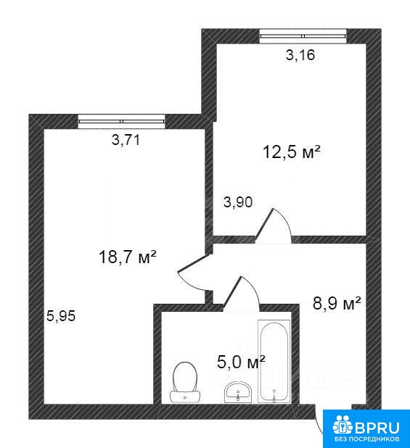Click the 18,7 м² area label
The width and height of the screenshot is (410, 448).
(x=127, y=257)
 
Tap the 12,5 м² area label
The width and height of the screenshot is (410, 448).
(x=291, y=152)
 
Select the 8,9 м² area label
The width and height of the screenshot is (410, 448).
(x=337, y=303)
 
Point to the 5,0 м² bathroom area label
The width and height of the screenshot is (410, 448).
(x=241, y=362)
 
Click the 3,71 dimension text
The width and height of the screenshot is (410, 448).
(x=126, y=140)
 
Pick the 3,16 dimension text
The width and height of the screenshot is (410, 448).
(x=300, y=55)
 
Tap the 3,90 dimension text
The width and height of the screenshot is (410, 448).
(x=238, y=202)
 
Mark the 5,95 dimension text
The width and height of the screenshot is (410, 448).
(x=61, y=316)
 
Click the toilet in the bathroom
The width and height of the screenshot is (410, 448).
(x=185, y=382)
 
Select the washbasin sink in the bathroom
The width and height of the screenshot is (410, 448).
(x=238, y=392)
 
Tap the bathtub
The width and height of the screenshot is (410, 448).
(x=274, y=362)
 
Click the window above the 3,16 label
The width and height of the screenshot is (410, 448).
(x=303, y=36)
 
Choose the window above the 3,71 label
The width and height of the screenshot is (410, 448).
(x=122, y=122)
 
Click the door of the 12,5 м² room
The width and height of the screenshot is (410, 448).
(x=273, y=225)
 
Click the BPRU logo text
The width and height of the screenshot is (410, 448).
(x=377, y=428)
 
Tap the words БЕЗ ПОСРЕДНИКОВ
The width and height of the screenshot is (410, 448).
(x=367, y=439)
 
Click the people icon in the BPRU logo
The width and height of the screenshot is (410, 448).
(x=343, y=425)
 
